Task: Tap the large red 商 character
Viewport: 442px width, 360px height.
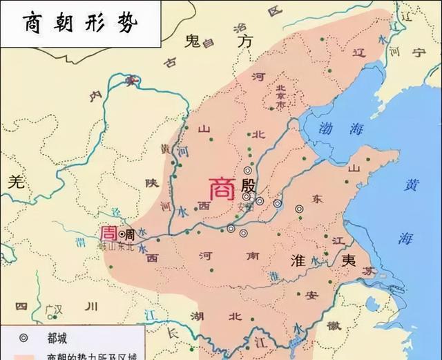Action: (x=222, y=188)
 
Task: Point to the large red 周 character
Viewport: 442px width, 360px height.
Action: (x=109, y=233)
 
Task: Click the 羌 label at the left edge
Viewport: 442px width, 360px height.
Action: (x=15, y=182)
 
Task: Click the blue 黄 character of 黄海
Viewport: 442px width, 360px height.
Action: (x=412, y=185)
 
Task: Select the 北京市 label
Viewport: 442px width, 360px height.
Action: (x=280, y=97)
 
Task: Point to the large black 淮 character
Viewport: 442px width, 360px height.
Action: (x=294, y=260)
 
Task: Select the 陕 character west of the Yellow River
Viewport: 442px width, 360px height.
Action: (x=153, y=182)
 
